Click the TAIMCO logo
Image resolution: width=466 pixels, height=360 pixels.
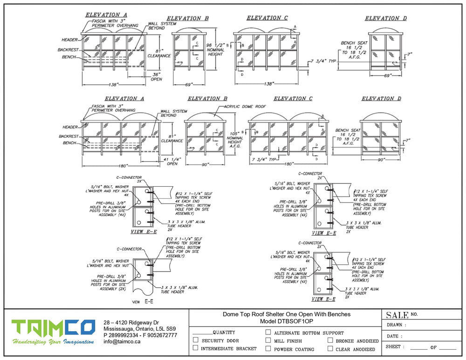(x=53, y=332)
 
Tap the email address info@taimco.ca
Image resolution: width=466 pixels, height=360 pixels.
(x=122, y=341)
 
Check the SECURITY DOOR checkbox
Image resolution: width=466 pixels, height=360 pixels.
(x=196, y=340)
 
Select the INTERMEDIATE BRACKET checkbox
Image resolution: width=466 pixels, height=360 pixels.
(x=196, y=348)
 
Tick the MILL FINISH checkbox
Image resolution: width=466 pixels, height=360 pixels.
(x=268, y=340)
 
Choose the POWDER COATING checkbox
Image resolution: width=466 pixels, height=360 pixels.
(x=268, y=348)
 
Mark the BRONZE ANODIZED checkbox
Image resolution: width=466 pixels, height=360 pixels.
(x=330, y=340)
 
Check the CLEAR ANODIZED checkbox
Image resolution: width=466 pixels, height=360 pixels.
(x=330, y=348)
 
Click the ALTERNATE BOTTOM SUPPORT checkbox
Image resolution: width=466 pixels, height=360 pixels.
(x=268, y=333)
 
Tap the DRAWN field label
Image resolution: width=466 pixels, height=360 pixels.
(x=396, y=325)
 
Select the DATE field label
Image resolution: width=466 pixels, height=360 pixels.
(x=394, y=336)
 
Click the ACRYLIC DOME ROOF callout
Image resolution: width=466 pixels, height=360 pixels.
(x=245, y=106)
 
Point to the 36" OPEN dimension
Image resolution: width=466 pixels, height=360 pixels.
(x=157, y=76)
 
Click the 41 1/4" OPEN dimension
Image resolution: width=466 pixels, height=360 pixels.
(x=172, y=161)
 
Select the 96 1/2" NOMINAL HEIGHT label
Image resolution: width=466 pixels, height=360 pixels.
(x=217, y=49)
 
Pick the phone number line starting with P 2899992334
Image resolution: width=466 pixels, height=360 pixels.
(x=140, y=335)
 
